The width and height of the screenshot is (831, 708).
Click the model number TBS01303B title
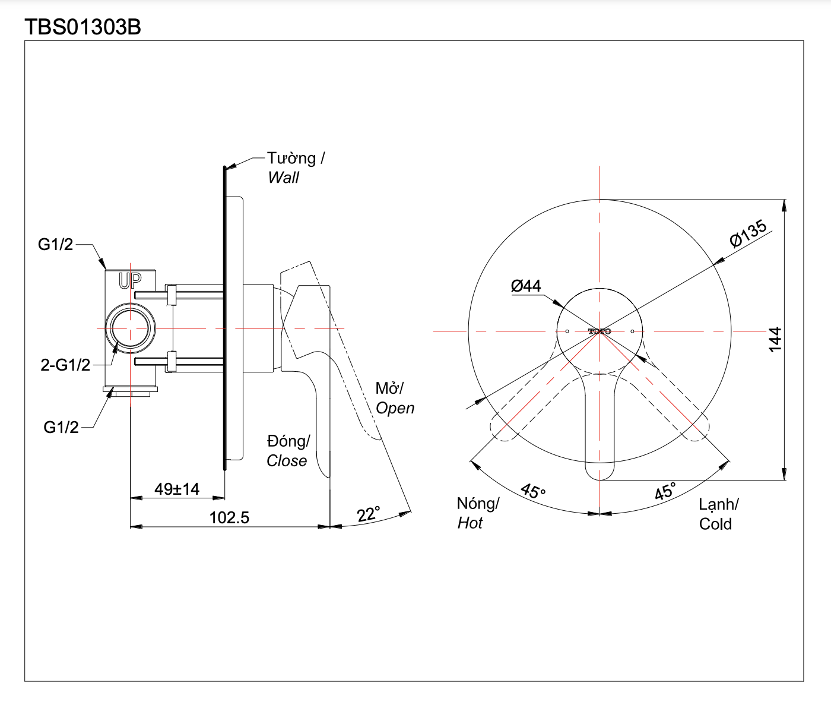pos(83,27)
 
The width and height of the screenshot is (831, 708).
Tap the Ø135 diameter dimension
pos(748,233)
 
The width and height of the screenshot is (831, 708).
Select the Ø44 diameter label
pos(526,286)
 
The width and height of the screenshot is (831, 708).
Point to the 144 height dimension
pos(775,339)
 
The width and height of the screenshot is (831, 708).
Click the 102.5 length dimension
pos(229,517)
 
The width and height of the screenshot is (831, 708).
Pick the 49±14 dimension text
pos(177,489)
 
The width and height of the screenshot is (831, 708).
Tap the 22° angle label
pos(368,514)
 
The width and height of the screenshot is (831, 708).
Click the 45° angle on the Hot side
pos(532,491)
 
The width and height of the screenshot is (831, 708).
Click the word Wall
pos(284,178)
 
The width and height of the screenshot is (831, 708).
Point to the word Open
pos(395,408)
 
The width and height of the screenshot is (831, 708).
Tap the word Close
pos(287,461)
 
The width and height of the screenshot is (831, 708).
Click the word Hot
pos(470,523)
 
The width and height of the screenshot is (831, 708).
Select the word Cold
pos(715,524)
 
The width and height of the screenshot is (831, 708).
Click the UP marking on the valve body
pos(130,280)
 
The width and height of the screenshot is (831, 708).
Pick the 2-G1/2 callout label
pos(65,365)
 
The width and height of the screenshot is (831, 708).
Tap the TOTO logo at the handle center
pos(600,331)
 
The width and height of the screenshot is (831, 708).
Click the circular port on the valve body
pos(131,328)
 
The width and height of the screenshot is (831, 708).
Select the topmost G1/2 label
pos(55,244)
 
